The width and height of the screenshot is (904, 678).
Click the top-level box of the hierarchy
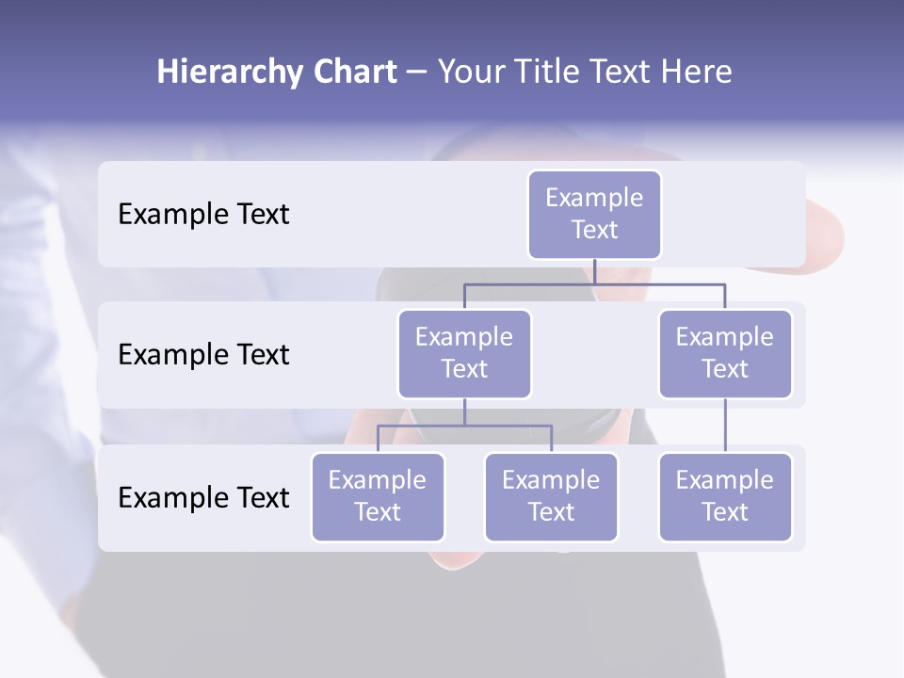point(594,214)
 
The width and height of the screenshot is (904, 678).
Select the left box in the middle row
point(464,353)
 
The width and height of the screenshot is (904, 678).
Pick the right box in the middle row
point(725,353)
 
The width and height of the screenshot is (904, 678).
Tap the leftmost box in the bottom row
point(378,496)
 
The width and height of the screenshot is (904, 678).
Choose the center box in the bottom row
point(551,496)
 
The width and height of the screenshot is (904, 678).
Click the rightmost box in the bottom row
point(725,496)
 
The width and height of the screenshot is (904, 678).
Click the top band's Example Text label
point(203,215)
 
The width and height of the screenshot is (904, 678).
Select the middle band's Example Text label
point(203,355)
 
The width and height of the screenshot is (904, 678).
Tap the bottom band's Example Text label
point(203,497)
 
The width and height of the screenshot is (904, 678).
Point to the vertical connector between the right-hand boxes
point(725,426)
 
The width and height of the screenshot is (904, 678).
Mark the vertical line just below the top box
point(594,271)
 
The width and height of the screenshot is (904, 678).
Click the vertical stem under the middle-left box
point(464,412)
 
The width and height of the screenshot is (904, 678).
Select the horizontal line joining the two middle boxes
point(527,283)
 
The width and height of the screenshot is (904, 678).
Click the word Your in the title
point(472,72)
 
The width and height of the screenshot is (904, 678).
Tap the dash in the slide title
point(416,73)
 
